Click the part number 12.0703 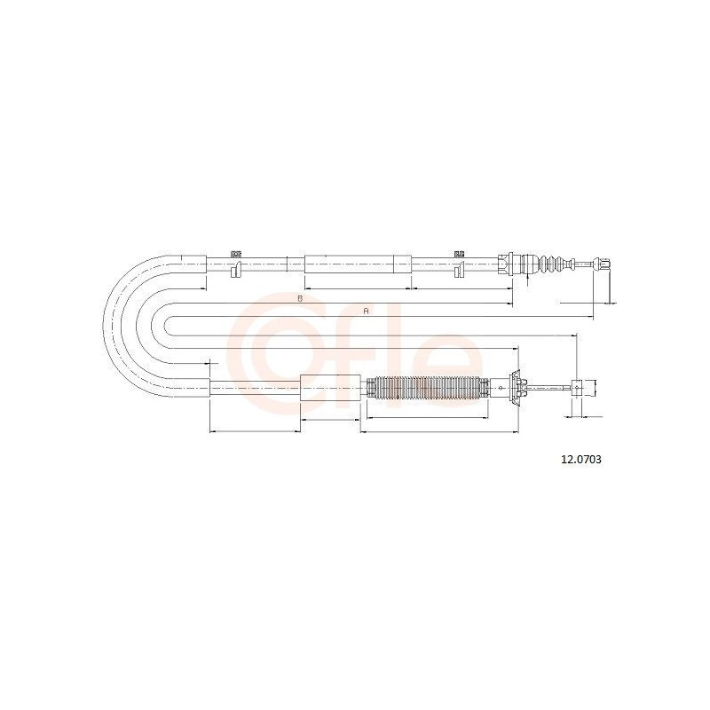point(581,460)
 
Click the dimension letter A point(367,312)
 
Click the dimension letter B point(299,298)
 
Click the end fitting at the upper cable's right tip point(602,264)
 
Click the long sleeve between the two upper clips point(358,264)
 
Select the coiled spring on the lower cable point(427,389)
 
